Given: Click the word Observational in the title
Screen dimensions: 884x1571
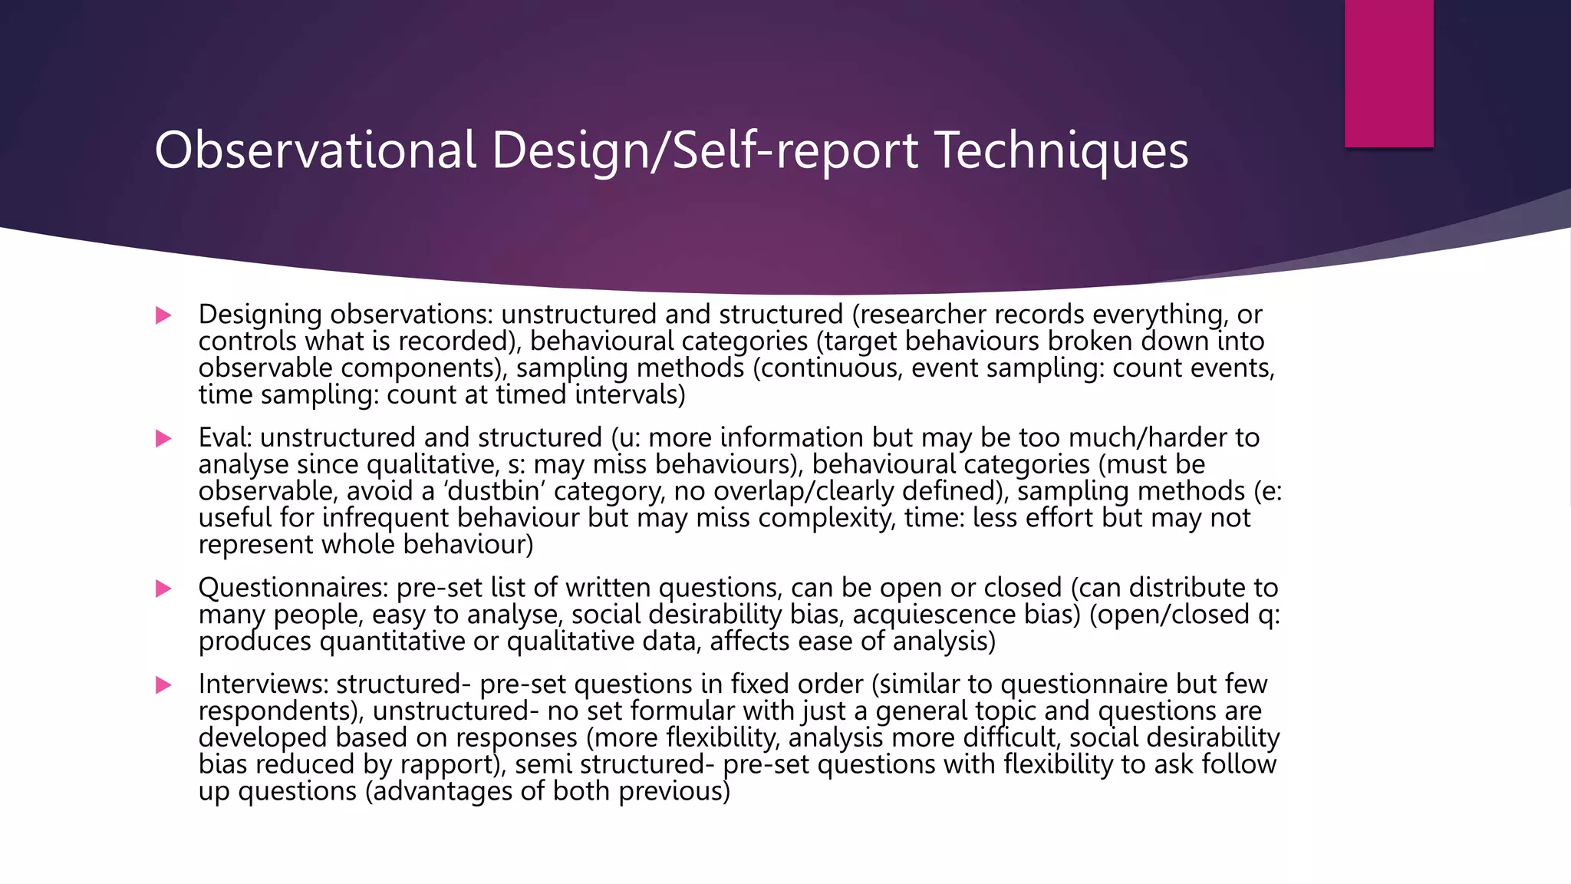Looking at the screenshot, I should click(x=315, y=150).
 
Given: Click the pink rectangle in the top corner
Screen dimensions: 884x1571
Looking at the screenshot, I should click(x=1388, y=74).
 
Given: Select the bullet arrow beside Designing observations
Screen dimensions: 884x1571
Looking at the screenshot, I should click(x=163, y=315).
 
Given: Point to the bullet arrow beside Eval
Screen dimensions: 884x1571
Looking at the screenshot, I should click(x=163, y=438).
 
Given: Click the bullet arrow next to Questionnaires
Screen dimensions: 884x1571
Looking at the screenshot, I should click(x=163, y=589).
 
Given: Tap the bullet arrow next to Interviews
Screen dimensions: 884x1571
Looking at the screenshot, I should click(x=163, y=684).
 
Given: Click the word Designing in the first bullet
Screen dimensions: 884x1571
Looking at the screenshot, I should click(x=260, y=315).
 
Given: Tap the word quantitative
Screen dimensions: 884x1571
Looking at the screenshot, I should click(x=392, y=642).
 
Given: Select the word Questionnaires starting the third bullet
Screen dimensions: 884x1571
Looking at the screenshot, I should click(x=293, y=588).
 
